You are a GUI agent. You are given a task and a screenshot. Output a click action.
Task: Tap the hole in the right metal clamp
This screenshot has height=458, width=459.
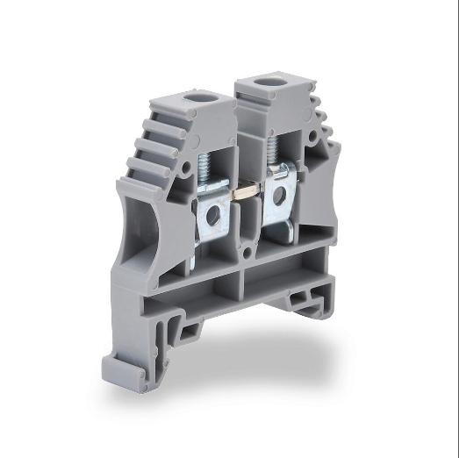[278, 197]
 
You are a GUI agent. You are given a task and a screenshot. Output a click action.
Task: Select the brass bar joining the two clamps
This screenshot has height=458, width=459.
[247, 190]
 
